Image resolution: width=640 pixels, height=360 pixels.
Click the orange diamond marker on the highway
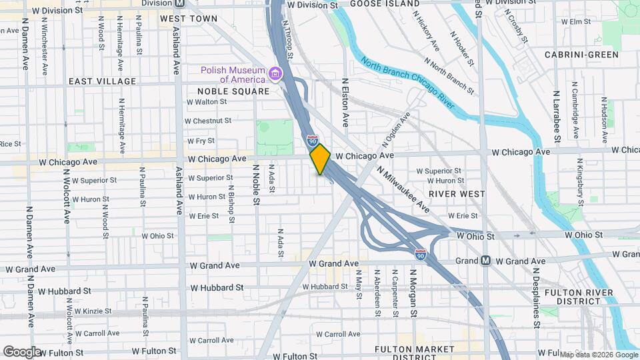pyautogui.click(x=320, y=159)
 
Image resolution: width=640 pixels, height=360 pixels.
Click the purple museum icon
pyautogui.click(x=273, y=72)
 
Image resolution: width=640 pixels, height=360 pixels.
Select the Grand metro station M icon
pyautogui.click(x=486, y=261)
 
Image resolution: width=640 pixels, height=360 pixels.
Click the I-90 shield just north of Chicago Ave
pyautogui.click(x=312, y=141)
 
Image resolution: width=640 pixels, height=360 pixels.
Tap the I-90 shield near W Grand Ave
pyautogui.click(x=420, y=255)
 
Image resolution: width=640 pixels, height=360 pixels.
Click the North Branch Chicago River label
pyautogui.click(x=407, y=84)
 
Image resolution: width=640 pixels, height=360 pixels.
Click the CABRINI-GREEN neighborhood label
pyautogui.click(x=581, y=55)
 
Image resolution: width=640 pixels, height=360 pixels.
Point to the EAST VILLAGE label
pyautogui.click(x=102, y=81)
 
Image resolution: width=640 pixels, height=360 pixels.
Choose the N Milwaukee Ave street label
pyautogui.click(x=403, y=189)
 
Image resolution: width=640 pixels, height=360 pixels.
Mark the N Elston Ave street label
pyautogui.click(x=346, y=103)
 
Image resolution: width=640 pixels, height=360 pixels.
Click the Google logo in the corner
pyautogui.click(x=21, y=351)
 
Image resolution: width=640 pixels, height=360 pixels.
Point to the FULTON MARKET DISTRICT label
pyautogui.click(x=415, y=353)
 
